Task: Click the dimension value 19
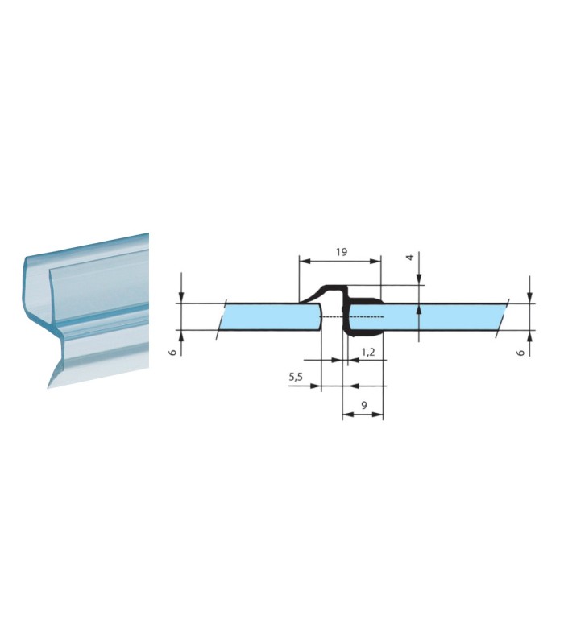pyautogui.click(x=341, y=251)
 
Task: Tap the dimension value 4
pyautogui.click(x=409, y=257)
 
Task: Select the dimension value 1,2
pyautogui.click(x=368, y=352)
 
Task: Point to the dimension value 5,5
pyautogui.click(x=296, y=377)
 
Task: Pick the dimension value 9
pyautogui.click(x=364, y=406)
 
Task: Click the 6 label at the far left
pyautogui.click(x=173, y=352)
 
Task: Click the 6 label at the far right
pyautogui.click(x=521, y=353)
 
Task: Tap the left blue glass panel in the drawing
pyautogui.click(x=271, y=316)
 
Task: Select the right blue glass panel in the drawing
pyautogui.click(x=428, y=316)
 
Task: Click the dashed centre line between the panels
pyautogui.click(x=352, y=317)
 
